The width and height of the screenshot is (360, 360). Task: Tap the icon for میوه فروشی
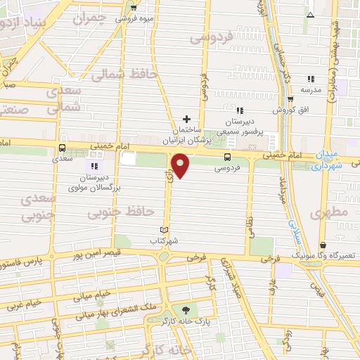point(134,8)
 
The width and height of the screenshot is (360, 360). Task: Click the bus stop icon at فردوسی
point(226,157)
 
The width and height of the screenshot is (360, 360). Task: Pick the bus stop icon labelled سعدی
point(63,148)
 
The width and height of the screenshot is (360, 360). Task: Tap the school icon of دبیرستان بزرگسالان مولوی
point(94,166)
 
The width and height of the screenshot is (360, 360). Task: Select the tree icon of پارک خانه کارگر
point(185,310)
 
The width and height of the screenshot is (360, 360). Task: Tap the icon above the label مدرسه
point(310,79)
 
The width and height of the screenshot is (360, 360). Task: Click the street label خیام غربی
point(24,304)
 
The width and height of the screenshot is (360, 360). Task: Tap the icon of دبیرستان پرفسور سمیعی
point(239,110)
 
